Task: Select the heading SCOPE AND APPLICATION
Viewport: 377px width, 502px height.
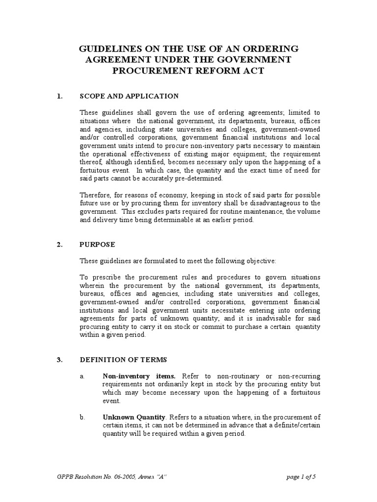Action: coord(129,96)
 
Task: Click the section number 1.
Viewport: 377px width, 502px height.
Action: coord(59,96)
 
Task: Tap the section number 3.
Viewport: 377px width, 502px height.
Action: coord(59,360)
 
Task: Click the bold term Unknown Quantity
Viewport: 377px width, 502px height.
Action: coord(131,417)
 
